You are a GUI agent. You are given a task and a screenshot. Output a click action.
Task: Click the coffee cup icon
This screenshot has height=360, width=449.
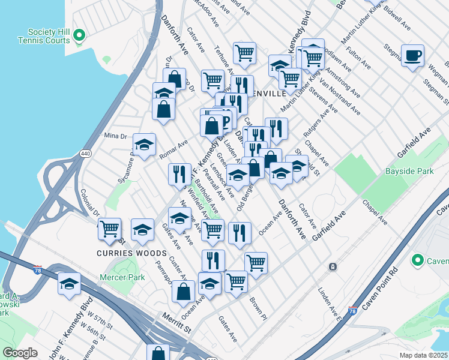412,56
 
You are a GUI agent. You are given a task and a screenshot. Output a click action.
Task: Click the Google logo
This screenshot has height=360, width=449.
20,353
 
